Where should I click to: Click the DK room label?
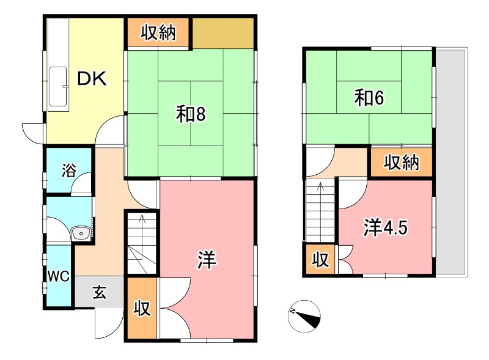point(92,79)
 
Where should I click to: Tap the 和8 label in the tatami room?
point(191,114)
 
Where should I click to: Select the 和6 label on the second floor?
point(369,97)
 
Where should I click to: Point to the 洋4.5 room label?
point(386,227)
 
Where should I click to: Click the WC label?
point(59,276)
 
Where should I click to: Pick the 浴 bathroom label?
point(68,170)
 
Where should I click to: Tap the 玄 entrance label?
point(99,292)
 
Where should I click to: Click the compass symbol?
point(304,317)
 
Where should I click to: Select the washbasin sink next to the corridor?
point(81,233)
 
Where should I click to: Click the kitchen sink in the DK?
point(58,86)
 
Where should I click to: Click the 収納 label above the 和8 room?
point(158,33)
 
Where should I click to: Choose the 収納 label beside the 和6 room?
point(402,162)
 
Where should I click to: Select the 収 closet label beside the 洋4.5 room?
point(320,260)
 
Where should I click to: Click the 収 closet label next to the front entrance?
point(142,309)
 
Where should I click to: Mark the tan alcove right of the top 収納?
point(222,33)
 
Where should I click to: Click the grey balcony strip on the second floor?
point(451,161)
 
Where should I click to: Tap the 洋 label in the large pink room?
point(207,260)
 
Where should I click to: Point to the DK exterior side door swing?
point(32,133)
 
